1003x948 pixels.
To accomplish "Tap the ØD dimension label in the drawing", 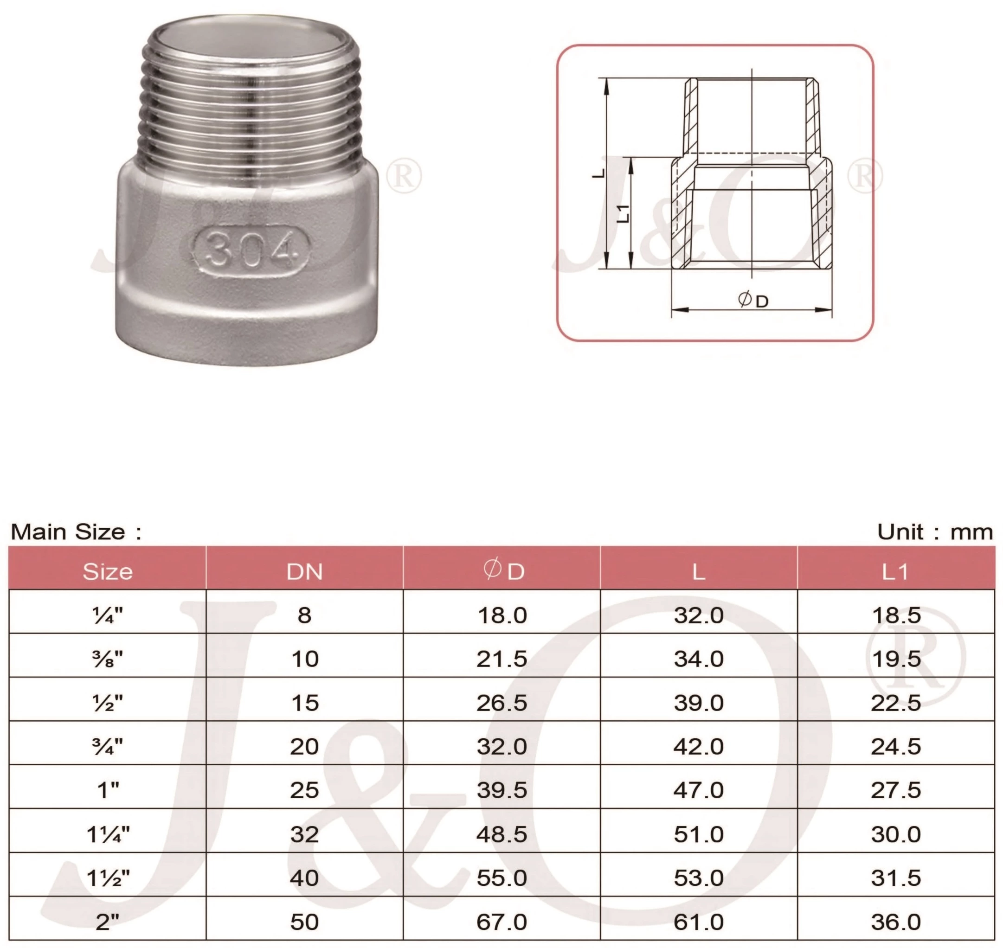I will [x=753, y=300].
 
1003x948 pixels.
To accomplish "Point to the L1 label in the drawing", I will [x=624, y=213].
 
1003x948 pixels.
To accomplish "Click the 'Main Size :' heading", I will [x=76, y=532].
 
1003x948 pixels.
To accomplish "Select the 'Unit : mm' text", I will [x=934, y=532].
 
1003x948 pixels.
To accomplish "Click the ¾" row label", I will [x=108, y=746].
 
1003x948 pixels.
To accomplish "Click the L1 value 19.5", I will [x=896, y=659].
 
